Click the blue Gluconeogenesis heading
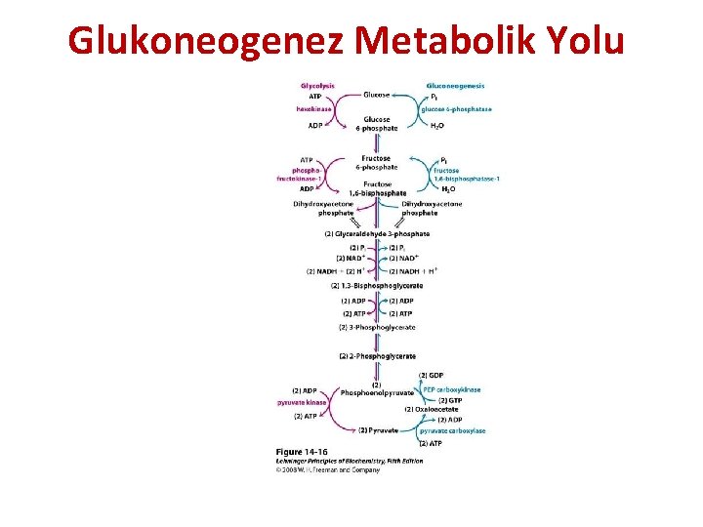coord(456,85)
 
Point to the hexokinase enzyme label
coord(314,109)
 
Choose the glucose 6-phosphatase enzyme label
coord(456,109)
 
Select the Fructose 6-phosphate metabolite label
coord(376,162)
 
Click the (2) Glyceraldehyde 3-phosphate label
coord(376,234)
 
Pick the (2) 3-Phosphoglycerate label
coord(376,325)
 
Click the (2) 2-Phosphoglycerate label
coord(377,356)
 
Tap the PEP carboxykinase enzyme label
coord(451,389)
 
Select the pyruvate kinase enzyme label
coord(302,402)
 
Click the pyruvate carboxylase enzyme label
coord(452,430)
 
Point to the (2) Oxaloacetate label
coord(435,409)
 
